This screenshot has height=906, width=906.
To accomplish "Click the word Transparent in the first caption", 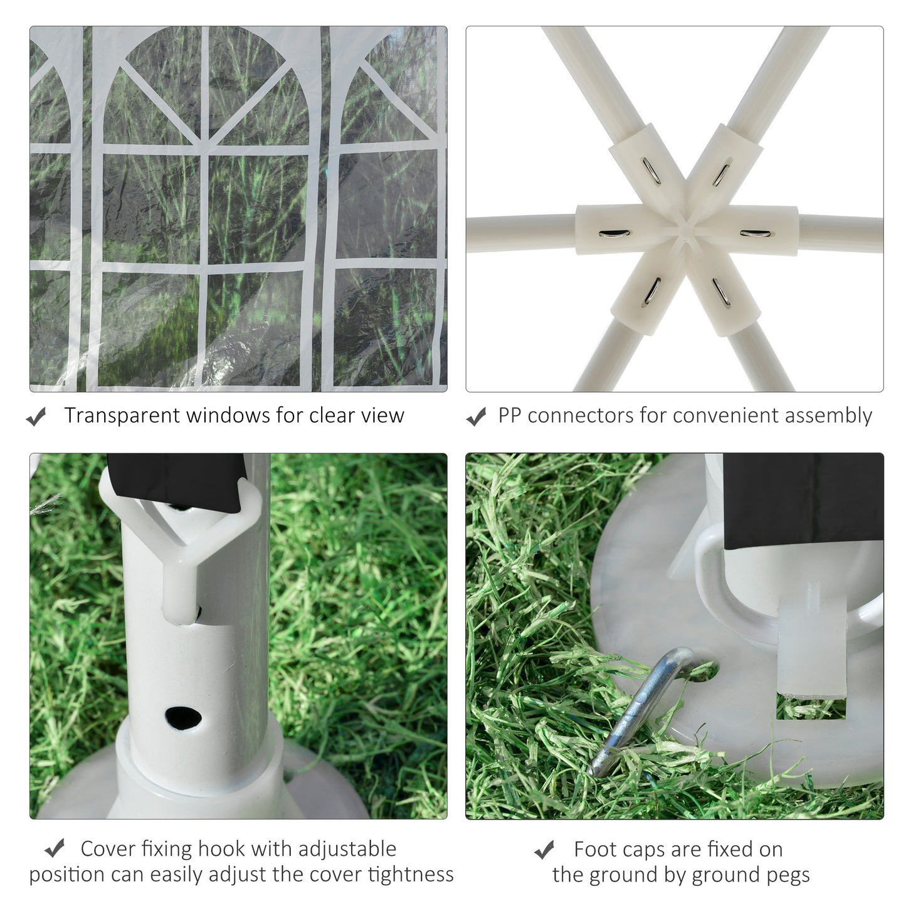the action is coord(122,416).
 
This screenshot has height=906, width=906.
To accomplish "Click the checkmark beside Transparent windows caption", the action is coord(36,416).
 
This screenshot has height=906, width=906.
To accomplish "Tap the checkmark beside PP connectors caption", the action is coord(476,416).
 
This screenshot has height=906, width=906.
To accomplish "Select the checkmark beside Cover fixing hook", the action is coord(55,849).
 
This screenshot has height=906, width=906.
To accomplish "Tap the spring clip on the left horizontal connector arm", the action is coord(614,234).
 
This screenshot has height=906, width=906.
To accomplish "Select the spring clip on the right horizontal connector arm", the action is coord(755,234).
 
